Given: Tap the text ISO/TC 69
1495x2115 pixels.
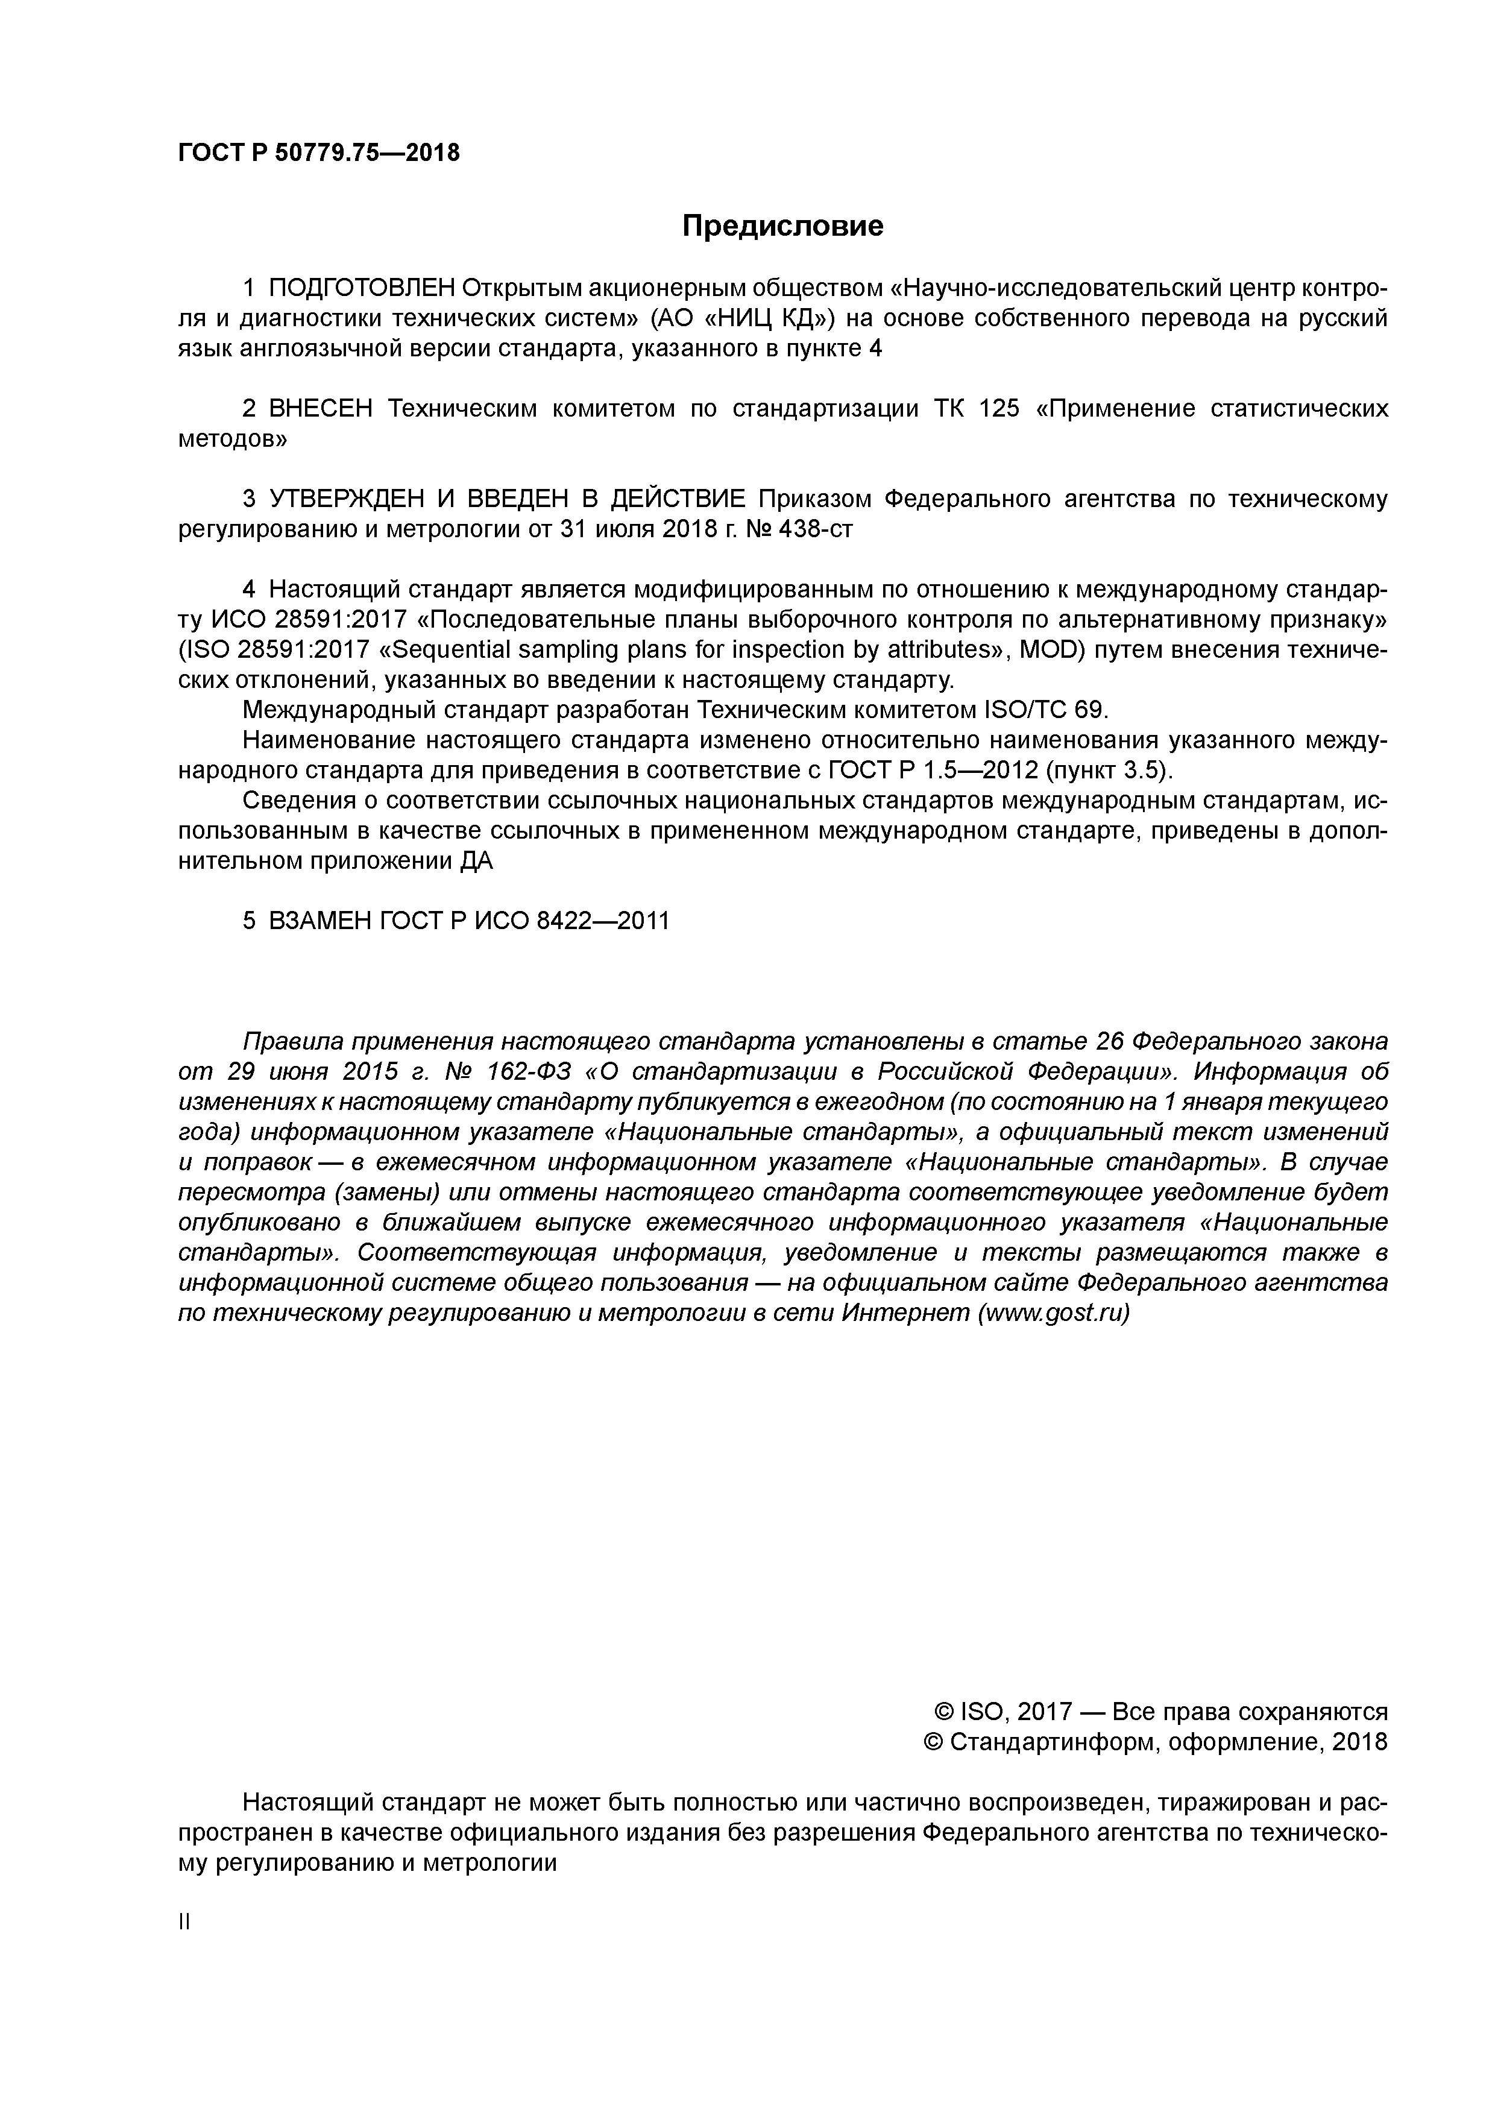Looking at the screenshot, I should [1047, 710].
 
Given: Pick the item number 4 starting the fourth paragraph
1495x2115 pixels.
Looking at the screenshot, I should [248, 590].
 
